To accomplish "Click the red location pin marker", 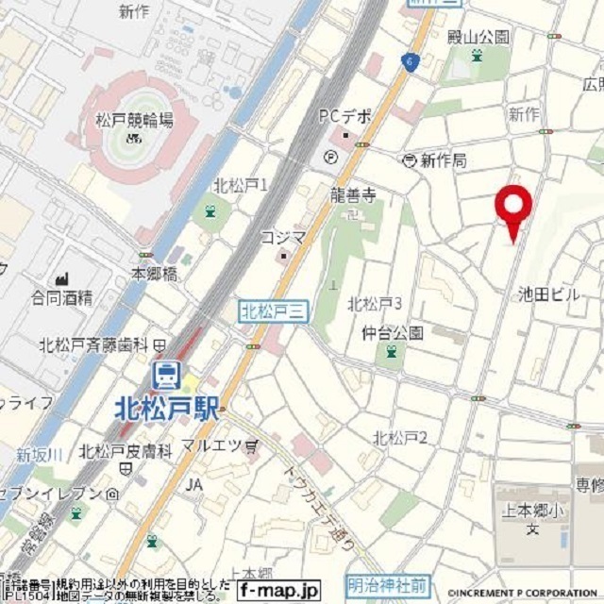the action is tap(514, 209).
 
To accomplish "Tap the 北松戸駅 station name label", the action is tap(167, 408).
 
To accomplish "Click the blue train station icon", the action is tap(167, 376).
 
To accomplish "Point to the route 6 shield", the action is tap(409, 61).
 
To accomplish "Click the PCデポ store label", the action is tap(344, 117).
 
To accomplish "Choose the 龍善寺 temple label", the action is tap(355, 196).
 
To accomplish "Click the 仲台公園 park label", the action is tap(392, 332).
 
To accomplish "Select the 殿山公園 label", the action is tap(478, 37).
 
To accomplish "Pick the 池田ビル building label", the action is tap(548, 294).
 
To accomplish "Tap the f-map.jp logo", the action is tap(278, 589).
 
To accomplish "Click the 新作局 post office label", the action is tap(443, 160).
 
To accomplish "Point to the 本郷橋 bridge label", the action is tap(154, 273).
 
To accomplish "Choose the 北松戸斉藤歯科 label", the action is tap(95, 345).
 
